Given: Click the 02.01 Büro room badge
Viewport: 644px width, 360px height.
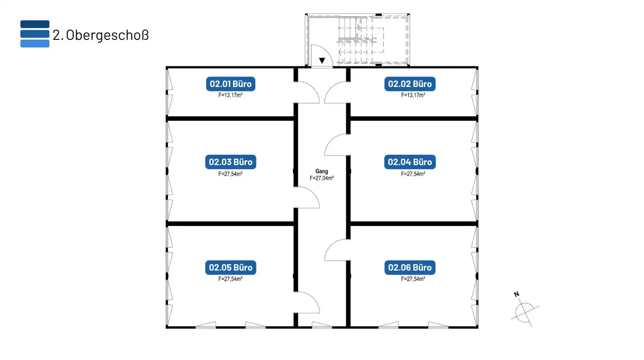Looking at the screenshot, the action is tap(231, 84).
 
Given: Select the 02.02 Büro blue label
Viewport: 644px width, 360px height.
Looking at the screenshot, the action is tap(410, 84).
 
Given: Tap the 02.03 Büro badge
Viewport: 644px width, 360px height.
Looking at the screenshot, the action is tap(231, 162).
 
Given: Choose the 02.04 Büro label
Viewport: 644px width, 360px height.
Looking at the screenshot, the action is tap(410, 162).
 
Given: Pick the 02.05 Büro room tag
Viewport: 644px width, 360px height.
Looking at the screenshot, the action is tap(231, 267).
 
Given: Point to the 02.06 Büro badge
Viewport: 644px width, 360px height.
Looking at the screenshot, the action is tap(410, 267).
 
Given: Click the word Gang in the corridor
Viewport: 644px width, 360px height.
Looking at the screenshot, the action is tap(322, 172).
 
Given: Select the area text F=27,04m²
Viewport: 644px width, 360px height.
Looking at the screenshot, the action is tap(322, 178).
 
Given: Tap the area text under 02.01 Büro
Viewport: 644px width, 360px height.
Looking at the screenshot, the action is tap(230, 95).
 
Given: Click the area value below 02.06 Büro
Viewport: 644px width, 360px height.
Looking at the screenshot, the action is tap(413, 279).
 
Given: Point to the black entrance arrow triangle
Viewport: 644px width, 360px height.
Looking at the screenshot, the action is tap(322, 61).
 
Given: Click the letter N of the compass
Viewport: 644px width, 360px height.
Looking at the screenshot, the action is tap(516, 294).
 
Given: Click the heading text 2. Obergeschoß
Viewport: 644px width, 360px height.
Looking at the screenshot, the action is tap(101, 35).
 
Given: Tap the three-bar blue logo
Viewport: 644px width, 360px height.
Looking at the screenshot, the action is tap(35, 34).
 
